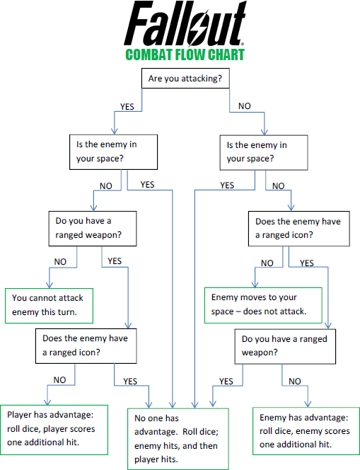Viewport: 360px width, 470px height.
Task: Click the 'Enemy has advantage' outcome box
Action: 305,430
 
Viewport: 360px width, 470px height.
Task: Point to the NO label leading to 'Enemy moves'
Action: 267,263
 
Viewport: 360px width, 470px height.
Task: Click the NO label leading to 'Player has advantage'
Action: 59,380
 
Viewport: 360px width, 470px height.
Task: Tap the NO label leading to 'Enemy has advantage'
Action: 294,382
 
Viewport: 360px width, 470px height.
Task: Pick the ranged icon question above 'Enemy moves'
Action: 300,228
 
